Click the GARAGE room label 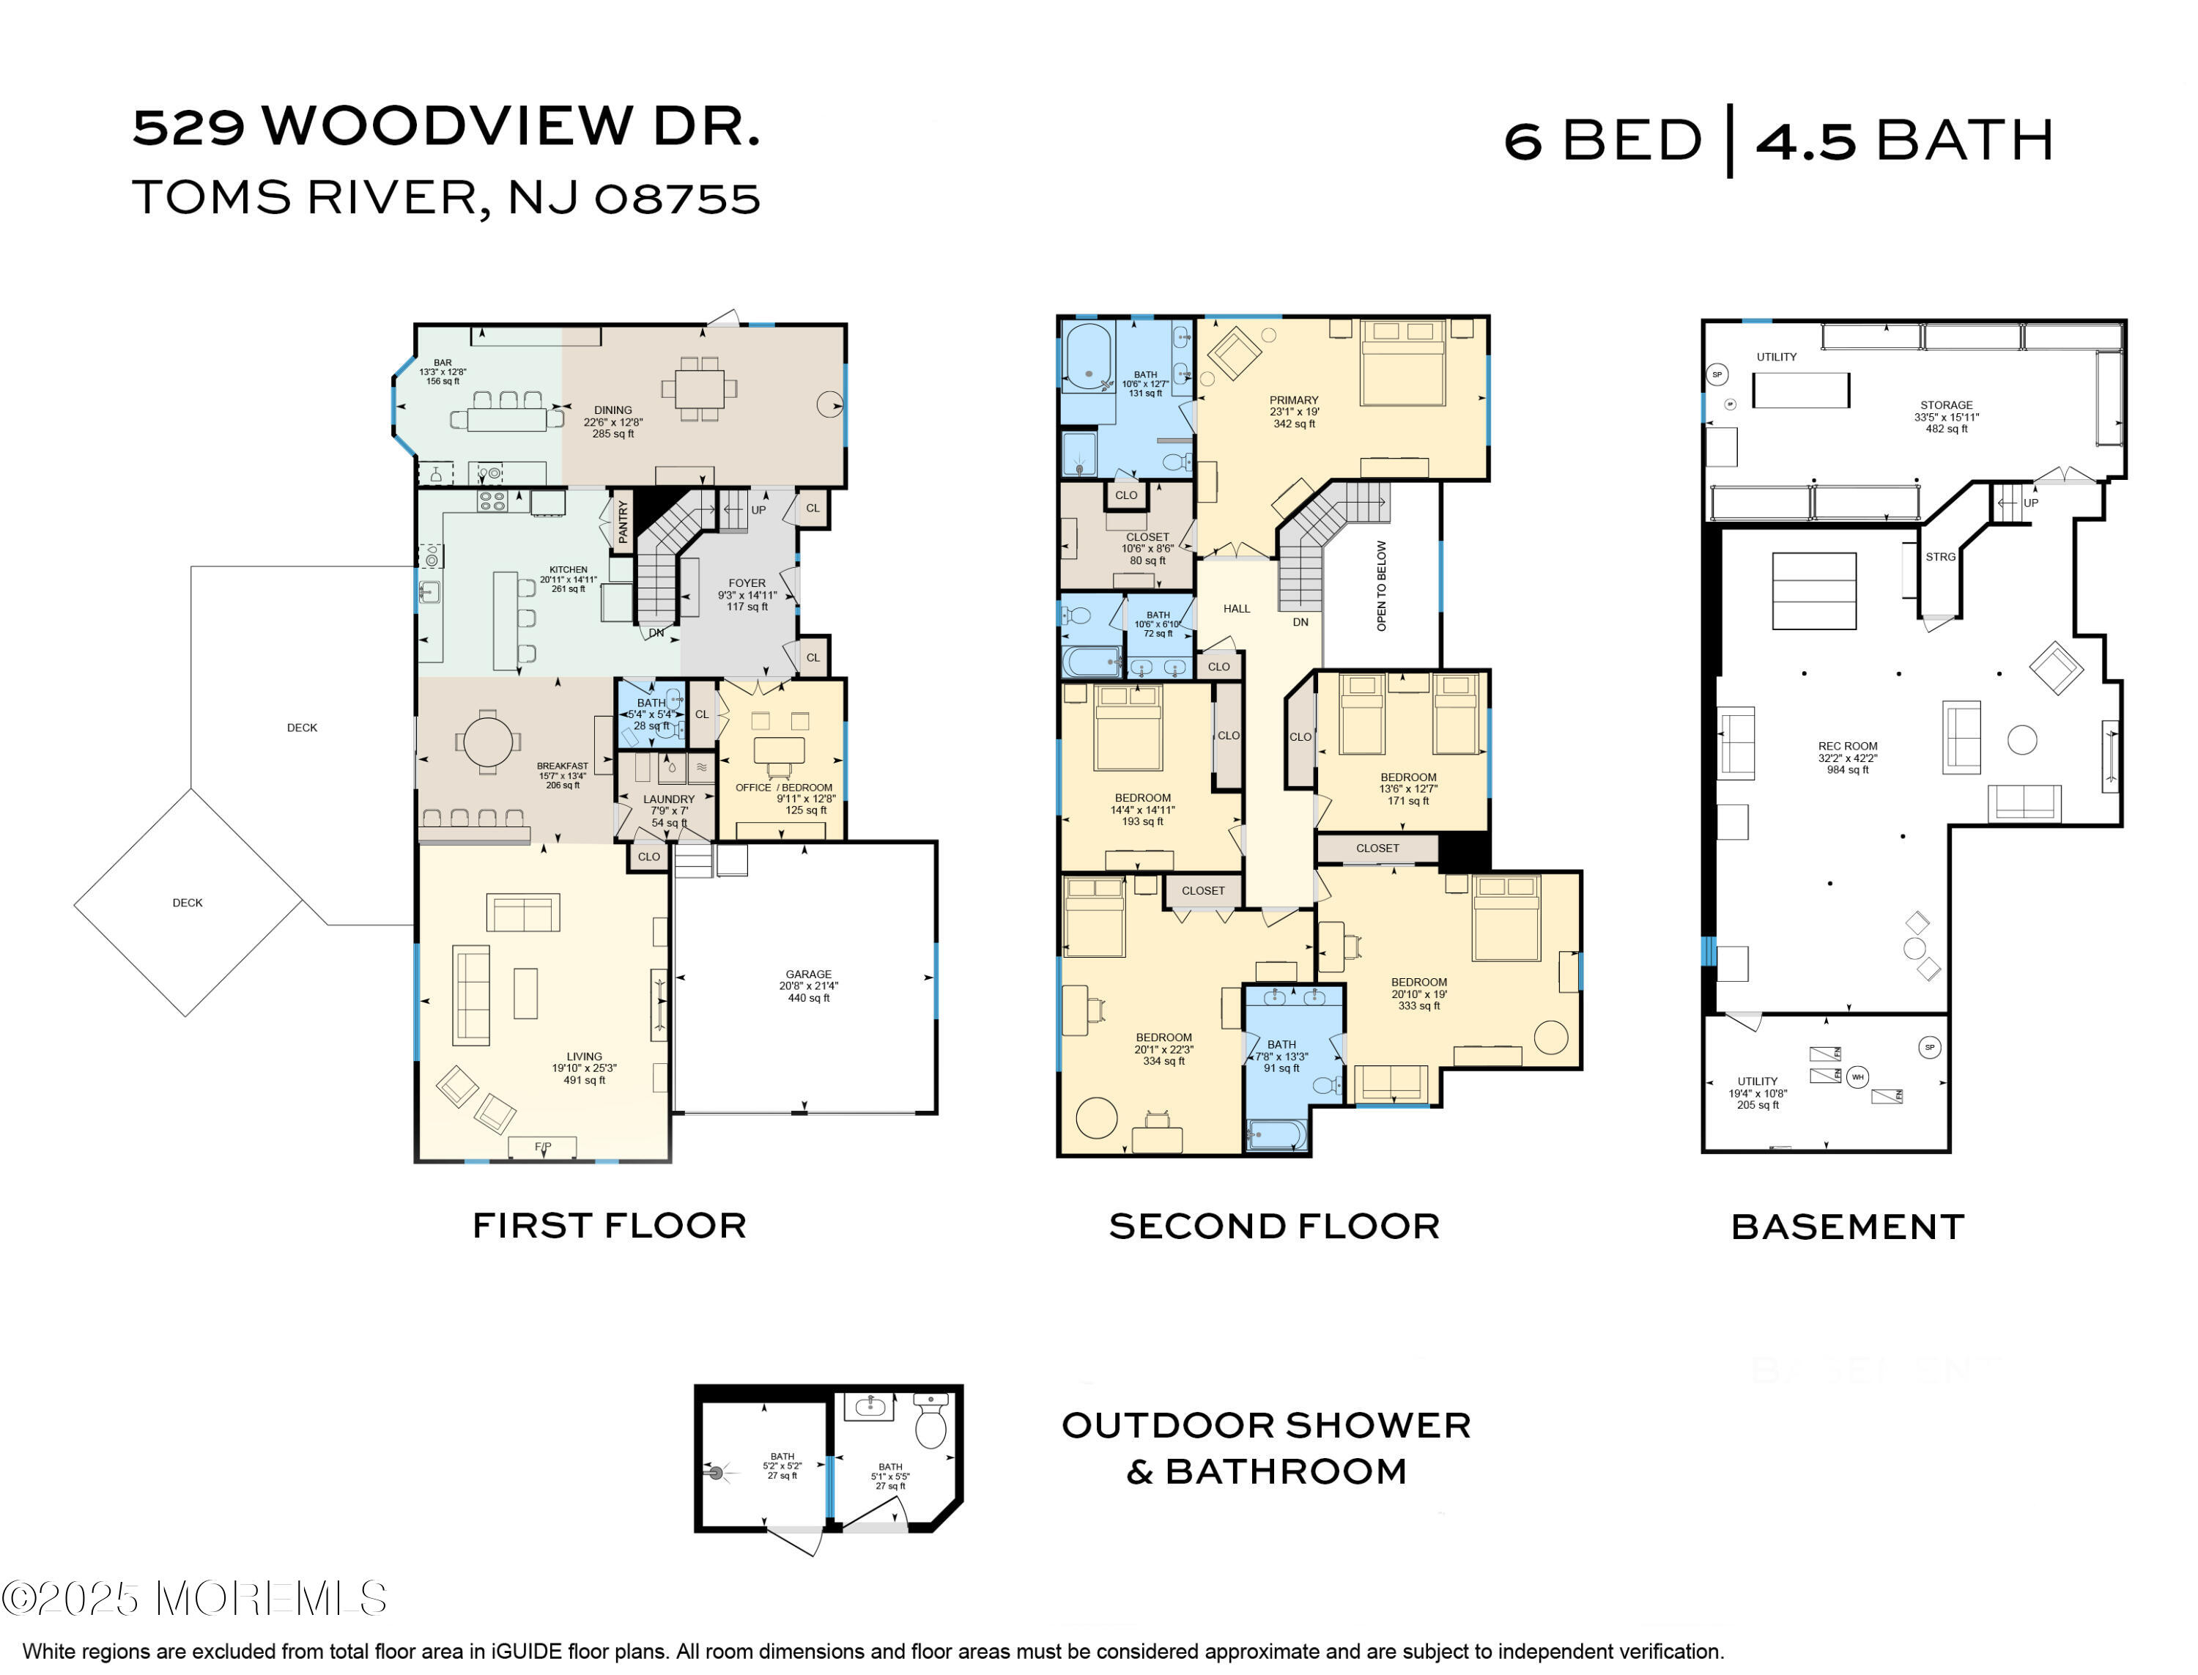pos(807,974)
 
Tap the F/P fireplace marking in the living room pos(542,1147)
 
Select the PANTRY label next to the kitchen pos(623,522)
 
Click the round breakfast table pos(487,741)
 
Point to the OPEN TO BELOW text pos(1380,585)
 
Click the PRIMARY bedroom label pos(1293,400)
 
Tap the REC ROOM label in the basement pos(1846,746)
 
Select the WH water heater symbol pos(1856,1077)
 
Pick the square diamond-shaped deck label pos(188,902)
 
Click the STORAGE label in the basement pos(1944,404)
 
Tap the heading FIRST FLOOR pos(609,1225)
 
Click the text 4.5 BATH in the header pos(1904,141)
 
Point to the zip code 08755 pos(677,197)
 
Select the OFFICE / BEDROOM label pos(783,787)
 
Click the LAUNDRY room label pos(668,799)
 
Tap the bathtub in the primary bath pos(1087,357)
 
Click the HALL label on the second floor pos(1236,608)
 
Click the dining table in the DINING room pos(700,388)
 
